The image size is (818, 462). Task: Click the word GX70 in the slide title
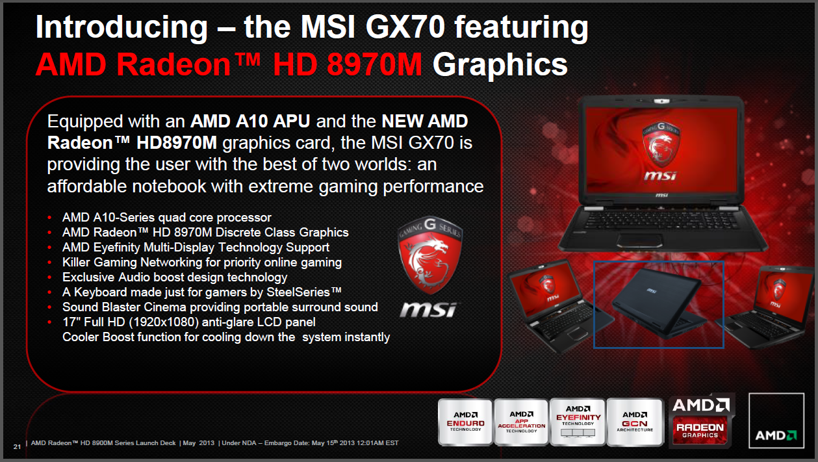pos(405,27)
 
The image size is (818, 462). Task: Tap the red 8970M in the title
pos(374,64)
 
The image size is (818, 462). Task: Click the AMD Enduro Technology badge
pos(465,422)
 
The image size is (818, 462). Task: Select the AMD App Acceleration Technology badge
pos(522,422)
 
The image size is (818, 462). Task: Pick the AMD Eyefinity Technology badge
pos(578,422)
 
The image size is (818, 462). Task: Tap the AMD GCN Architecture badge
pos(635,422)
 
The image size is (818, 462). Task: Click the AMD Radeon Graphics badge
pos(701,420)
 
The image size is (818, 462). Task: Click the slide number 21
pos(17,446)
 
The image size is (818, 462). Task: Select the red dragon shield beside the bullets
pos(430,255)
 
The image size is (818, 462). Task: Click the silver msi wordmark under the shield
pos(428,310)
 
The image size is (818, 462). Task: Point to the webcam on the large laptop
pos(661,101)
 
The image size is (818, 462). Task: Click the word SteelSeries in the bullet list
pos(298,292)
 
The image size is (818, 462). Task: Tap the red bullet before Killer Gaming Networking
pos(49,263)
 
